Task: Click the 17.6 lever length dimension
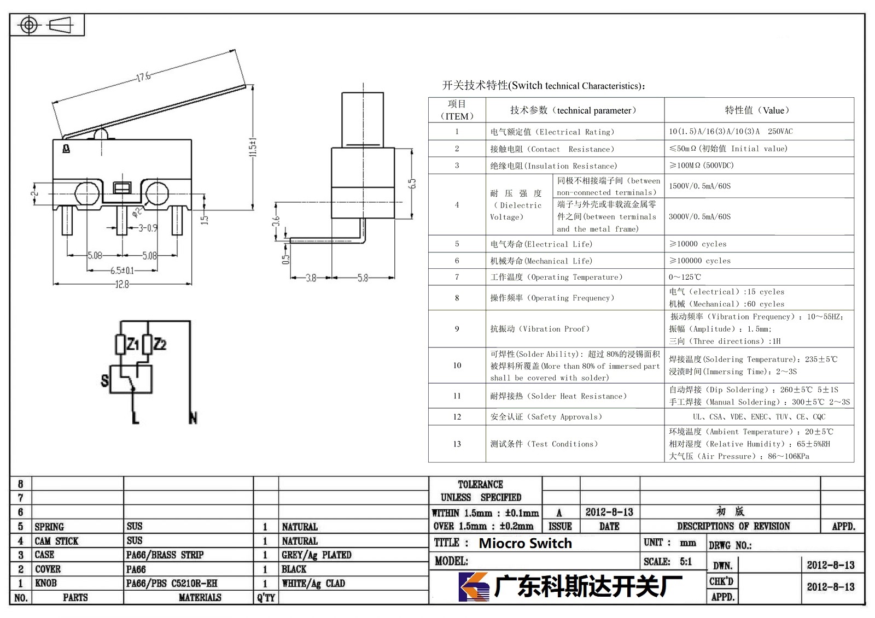(x=144, y=76)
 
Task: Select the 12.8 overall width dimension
(x=122, y=284)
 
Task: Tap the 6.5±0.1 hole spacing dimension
(x=122, y=270)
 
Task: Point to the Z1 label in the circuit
(x=133, y=344)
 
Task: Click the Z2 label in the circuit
(x=160, y=344)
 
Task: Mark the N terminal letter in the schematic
(x=192, y=418)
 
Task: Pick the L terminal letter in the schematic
(x=136, y=418)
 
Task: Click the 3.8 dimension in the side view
(x=311, y=278)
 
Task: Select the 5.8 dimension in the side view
(x=363, y=278)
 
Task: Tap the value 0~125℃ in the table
(x=685, y=277)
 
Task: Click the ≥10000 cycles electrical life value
(x=698, y=244)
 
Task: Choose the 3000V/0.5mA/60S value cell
(x=699, y=216)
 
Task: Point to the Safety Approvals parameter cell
(x=546, y=416)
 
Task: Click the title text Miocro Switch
(x=525, y=543)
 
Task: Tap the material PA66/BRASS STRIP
(x=165, y=555)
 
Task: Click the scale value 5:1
(x=686, y=561)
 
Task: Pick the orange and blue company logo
(x=474, y=586)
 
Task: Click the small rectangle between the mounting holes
(x=122, y=188)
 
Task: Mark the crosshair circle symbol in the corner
(x=29, y=25)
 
